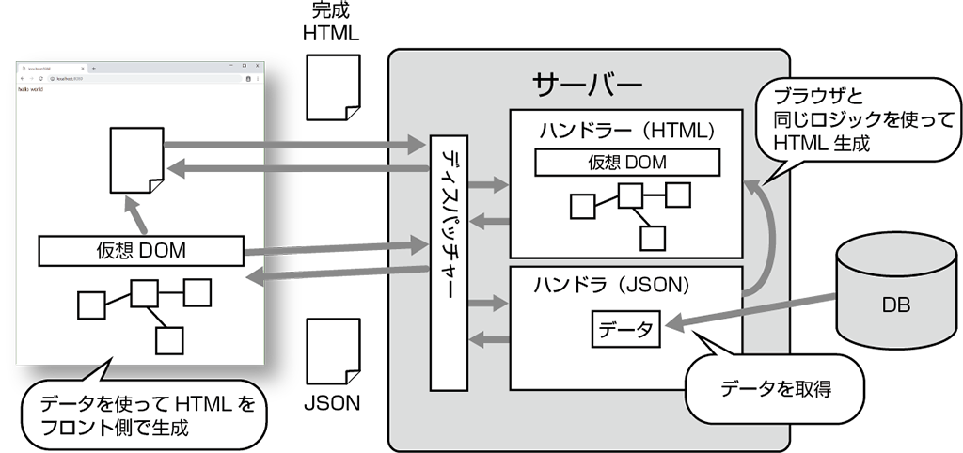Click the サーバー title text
click(x=587, y=86)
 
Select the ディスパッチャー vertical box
click(x=449, y=262)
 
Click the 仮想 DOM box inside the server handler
click(x=627, y=163)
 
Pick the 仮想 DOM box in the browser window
click(x=141, y=250)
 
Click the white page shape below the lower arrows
click(x=334, y=351)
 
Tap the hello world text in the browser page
click(x=31, y=91)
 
